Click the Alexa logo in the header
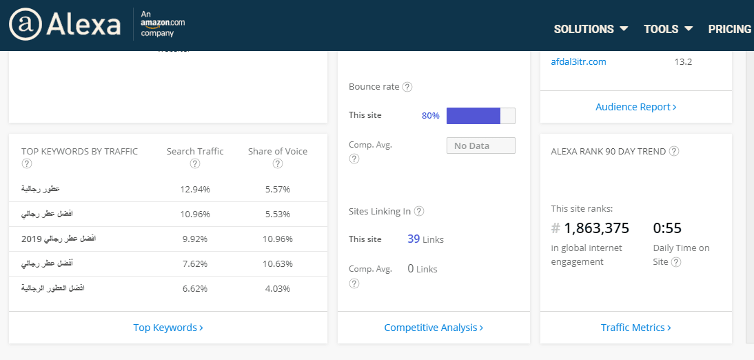(65, 25)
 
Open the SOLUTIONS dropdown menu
(591, 29)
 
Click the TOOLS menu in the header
(668, 29)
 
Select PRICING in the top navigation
(729, 29)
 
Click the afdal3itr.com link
(578, 62)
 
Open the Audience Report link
(635, 107)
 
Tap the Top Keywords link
(167, 328)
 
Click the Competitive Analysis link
(434, 328)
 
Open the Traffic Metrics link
(635, 328)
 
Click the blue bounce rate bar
(473, 116)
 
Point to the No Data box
(480, 146)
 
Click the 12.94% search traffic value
(195, 189)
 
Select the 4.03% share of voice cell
(278, 288)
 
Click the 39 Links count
(425, 239)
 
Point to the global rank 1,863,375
(596, 228)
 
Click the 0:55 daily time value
(666, 228)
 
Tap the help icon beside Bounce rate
(407, 87)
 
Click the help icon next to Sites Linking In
(418, 212)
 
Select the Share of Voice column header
(278, 152)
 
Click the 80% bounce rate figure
(430, 116)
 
